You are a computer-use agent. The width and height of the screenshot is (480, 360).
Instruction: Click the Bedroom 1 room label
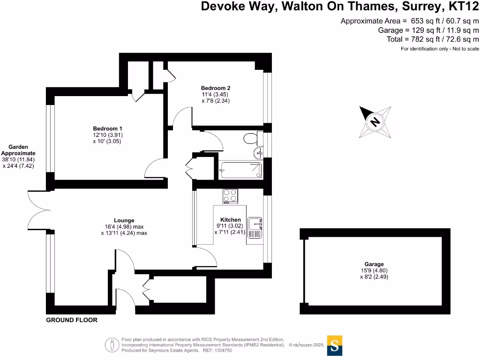pos(107,128)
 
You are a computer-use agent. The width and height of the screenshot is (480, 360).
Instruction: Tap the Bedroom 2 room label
pos(216,88)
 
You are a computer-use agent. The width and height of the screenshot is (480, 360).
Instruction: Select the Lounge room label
pos(124,220)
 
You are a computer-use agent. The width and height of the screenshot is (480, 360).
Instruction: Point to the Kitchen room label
pos(231,220)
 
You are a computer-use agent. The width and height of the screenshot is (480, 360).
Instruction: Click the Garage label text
pos(374,264)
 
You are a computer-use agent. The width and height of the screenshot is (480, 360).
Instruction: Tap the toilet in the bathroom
pos(251,138)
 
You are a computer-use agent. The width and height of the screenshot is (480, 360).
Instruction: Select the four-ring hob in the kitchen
pos(230,195)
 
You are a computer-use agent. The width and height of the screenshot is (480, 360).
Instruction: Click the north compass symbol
pos(375,121)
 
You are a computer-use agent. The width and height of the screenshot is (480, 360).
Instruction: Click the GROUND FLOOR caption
pos(72,320)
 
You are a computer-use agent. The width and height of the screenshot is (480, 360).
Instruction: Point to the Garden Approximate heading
pos(18,150)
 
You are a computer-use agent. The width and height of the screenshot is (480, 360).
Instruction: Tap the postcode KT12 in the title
pos(461,7)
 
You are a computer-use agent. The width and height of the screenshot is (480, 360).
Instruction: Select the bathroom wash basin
pos(257,153)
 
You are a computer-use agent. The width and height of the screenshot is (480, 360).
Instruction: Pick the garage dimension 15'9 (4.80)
pos(374,270)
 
